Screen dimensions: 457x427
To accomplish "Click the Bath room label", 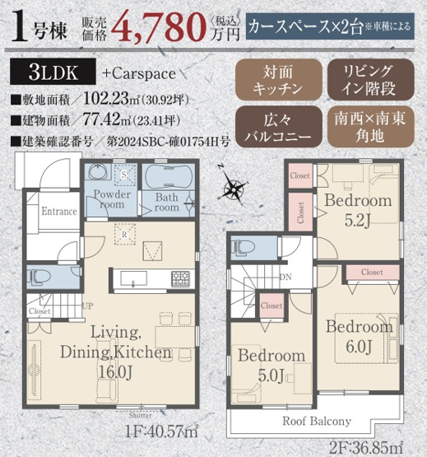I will point(166,203).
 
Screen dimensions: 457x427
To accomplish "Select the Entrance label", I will point(59,211).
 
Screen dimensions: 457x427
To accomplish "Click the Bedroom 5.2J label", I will point(356,209).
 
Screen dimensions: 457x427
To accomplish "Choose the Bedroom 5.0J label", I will point(272,365).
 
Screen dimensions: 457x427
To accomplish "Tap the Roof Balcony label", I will point(318,421).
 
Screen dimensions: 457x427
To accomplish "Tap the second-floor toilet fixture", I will point(244,248).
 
